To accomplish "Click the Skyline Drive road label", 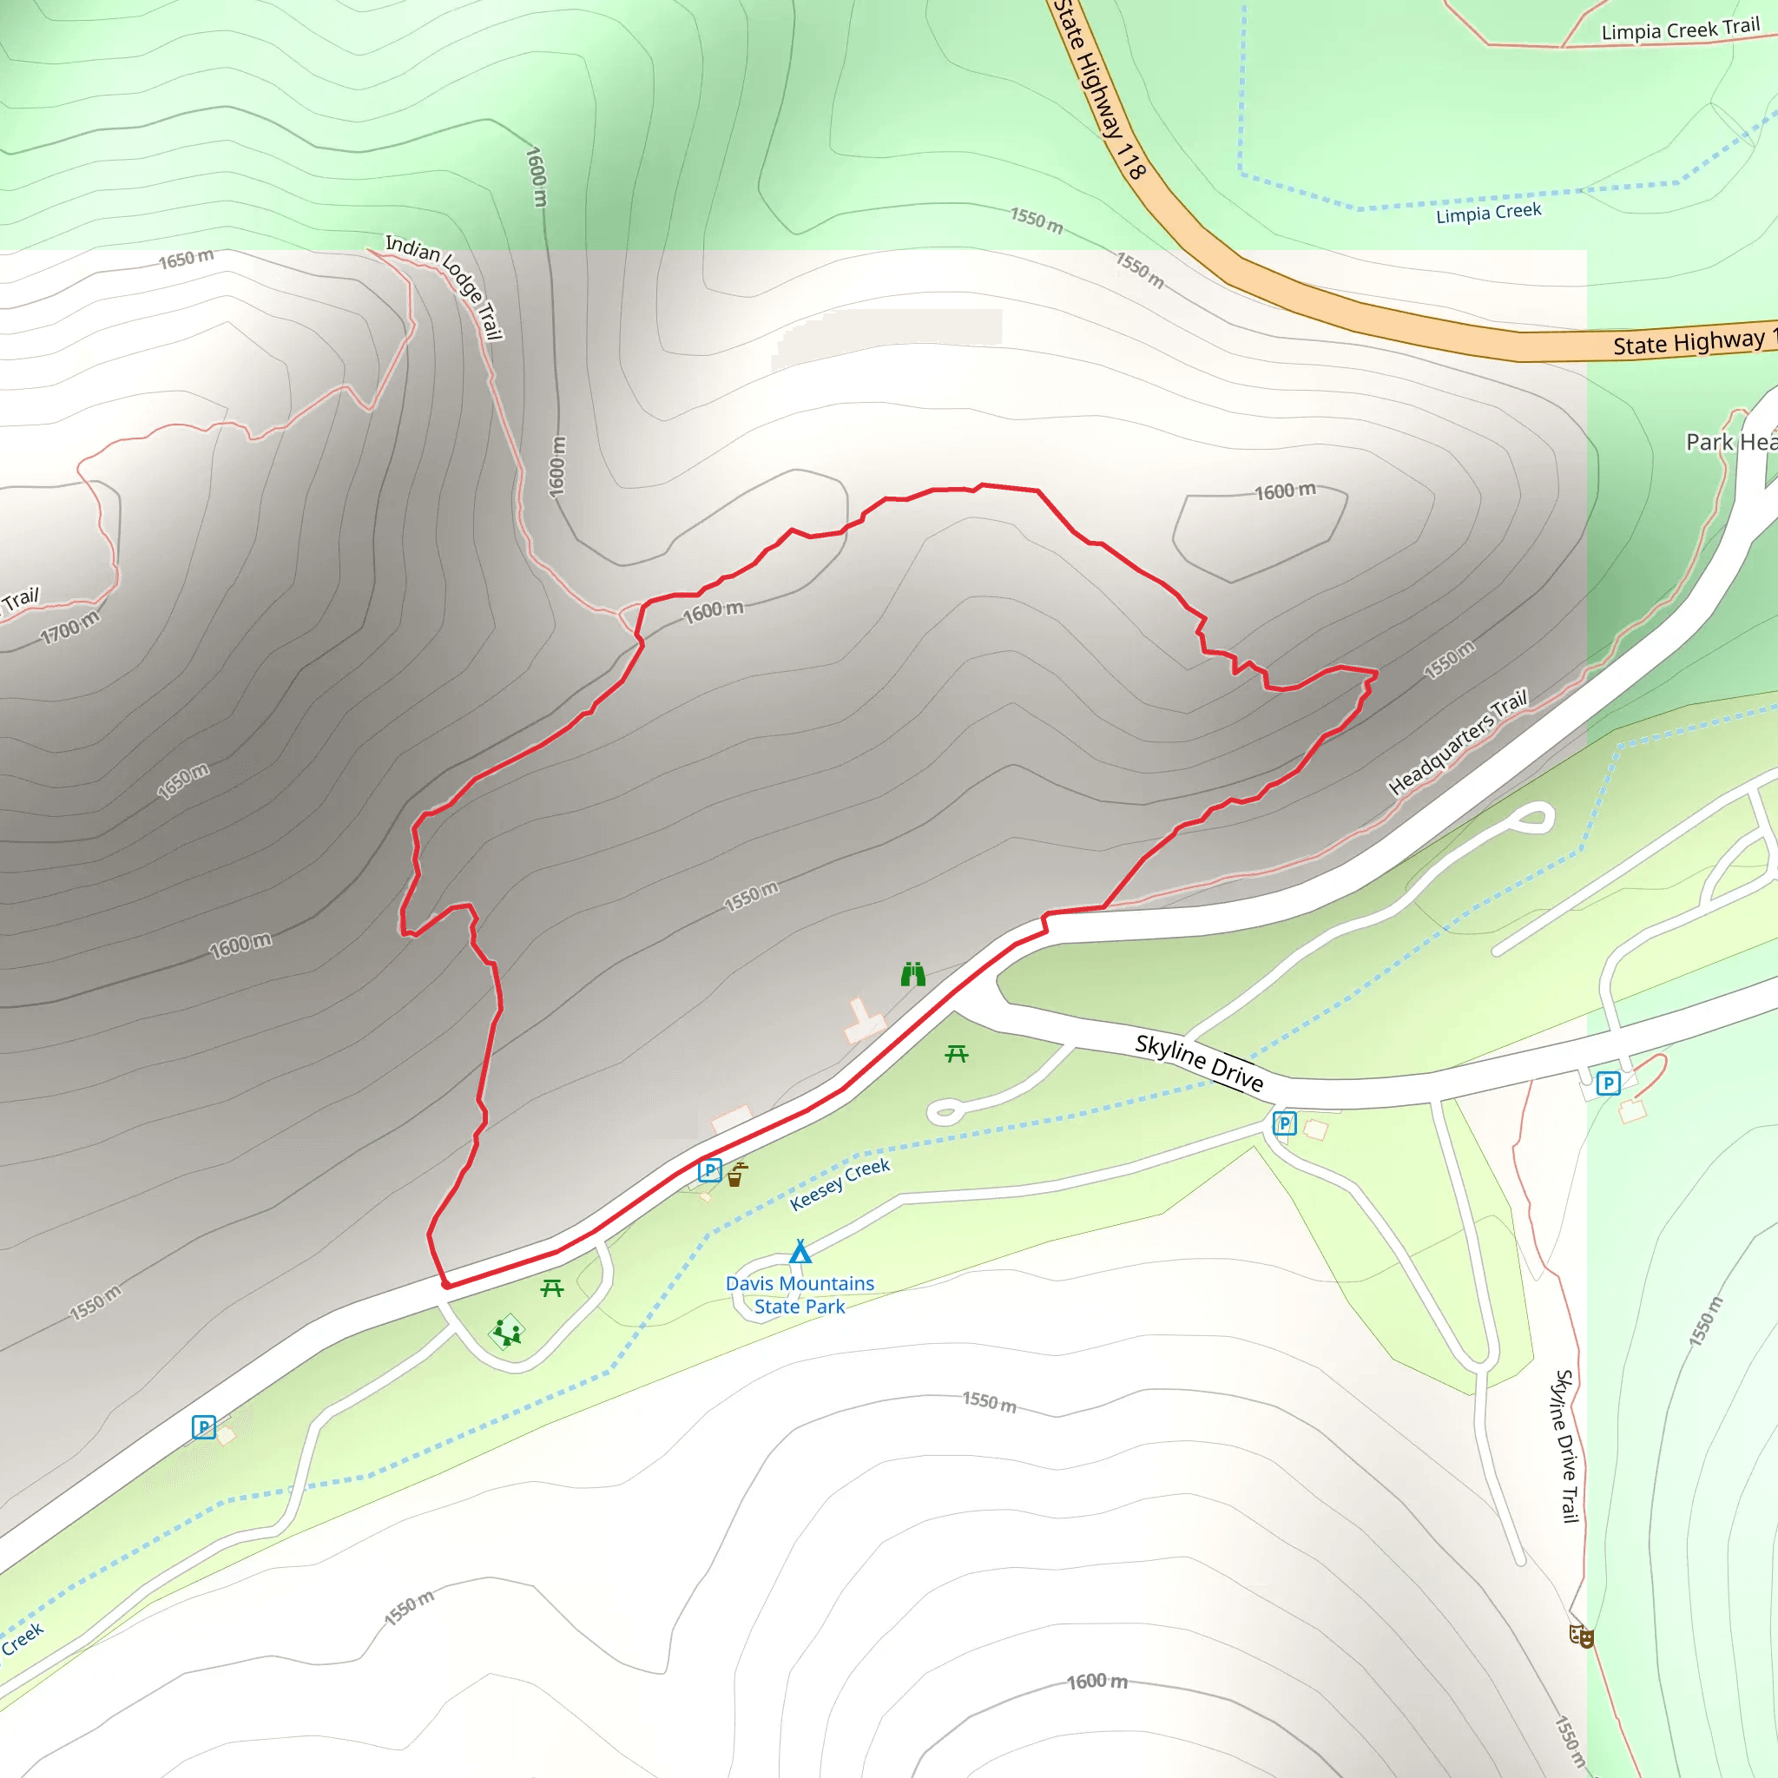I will [1198, 1062].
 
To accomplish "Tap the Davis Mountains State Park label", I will [800, 1294].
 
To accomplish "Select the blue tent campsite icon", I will [800, 1252].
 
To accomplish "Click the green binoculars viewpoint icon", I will [912, 974].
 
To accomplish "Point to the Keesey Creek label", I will [840, 1184].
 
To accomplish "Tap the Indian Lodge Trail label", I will [444, 286].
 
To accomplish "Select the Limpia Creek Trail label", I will [1680, 30].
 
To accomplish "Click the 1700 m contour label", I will [70, 629].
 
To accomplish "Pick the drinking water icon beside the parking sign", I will [736, 1175].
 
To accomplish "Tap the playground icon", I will [507, 1332].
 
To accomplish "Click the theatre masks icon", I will [1581, 1636].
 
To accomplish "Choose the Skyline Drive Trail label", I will [1566, 1445].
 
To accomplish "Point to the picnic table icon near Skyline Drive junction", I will [956, 1054].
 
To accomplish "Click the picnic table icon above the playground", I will [551, 1288].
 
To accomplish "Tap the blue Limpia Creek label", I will [1488, 213].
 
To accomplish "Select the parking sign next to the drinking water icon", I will [709, 1170].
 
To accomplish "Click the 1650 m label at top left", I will [186, 259].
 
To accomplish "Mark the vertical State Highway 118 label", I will [1099, 89].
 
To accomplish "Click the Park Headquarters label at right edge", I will [1730, 443].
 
